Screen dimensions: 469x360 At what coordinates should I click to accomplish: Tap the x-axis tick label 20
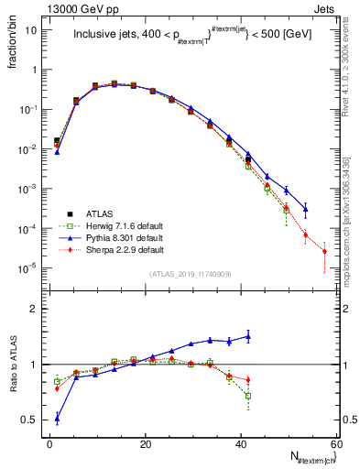click(146, 444)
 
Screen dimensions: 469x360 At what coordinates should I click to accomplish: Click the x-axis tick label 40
click(242, 444)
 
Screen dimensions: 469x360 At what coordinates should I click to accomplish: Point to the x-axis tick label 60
click(336, 444)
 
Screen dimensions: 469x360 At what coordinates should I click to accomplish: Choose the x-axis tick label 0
click(50, 444)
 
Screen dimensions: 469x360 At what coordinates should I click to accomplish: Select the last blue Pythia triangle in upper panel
click(305, 209)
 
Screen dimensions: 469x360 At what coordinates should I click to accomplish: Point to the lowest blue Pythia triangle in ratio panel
click(57, 419)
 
